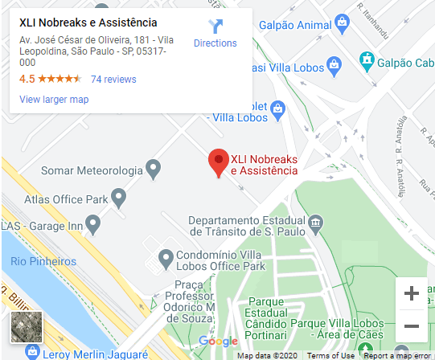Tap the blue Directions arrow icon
(x=215, y=27)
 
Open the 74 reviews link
(x=113, y=80)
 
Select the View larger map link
(x=54, y=100)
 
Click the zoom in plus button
(x=412, y=294)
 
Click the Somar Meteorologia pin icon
(x=153, y=170)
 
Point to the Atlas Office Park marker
(x=119, y=196)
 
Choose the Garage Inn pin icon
(x=92, y=222)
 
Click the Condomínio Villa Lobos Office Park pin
(x=166, y=258)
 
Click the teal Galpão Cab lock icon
(x=367, y=59)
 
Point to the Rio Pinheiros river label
(x=42, y=261)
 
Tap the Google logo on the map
(x=218, y=342)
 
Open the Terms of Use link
(x=330, y=355)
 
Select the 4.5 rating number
(x=27, y=80)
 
